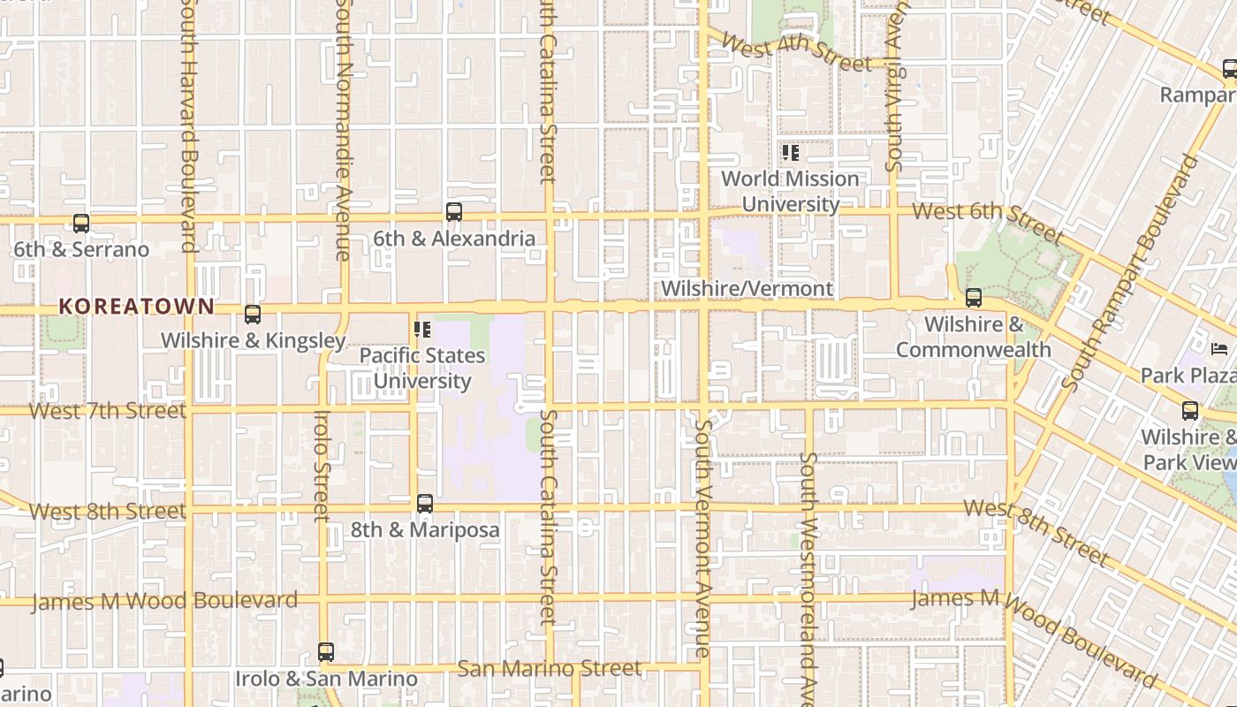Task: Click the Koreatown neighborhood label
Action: tap(136, 307)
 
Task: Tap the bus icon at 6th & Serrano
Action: tap(81, 224)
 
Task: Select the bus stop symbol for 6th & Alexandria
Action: tap(454, 212)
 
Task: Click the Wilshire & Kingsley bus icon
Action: tap(253, 315)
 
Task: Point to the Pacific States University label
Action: tap(422, 369)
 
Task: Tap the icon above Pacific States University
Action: tap(422, 330)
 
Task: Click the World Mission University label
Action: tap(790, 191)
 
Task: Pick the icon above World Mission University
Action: tap(791, 153)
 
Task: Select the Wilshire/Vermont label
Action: tap(747, 289)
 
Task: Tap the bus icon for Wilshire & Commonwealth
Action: tap(974, 298)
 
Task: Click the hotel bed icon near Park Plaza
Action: tap(1220, 348)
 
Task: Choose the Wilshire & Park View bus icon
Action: tap(1190, 410)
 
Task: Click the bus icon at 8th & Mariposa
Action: tap(425, 504)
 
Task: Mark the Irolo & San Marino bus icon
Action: tap(326, 652)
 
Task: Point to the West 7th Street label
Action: tap(108, 411)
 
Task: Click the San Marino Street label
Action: tap(550, 668)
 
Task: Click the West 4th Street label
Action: tap(795, 53)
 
